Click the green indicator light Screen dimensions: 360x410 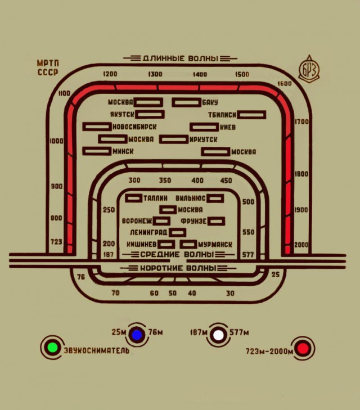52,347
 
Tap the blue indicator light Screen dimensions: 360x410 137,335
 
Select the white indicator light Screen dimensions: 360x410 218,335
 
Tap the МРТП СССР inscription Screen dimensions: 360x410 48,67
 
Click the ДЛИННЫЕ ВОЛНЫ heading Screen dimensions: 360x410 181,58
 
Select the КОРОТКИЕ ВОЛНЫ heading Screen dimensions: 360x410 178,268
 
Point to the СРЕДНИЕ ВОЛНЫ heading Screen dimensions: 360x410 178,254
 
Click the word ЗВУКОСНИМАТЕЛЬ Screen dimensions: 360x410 97,350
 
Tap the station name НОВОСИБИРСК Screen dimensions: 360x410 134,127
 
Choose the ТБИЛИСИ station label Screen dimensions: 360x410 222,115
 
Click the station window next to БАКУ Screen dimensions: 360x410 187,102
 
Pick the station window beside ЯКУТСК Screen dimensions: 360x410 150,114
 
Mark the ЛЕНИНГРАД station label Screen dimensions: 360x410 148,232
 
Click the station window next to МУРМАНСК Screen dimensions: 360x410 188,244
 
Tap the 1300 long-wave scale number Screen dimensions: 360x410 155,74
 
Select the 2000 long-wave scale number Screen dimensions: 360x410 301,245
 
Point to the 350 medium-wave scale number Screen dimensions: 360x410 165,180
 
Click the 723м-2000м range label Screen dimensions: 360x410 269,352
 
